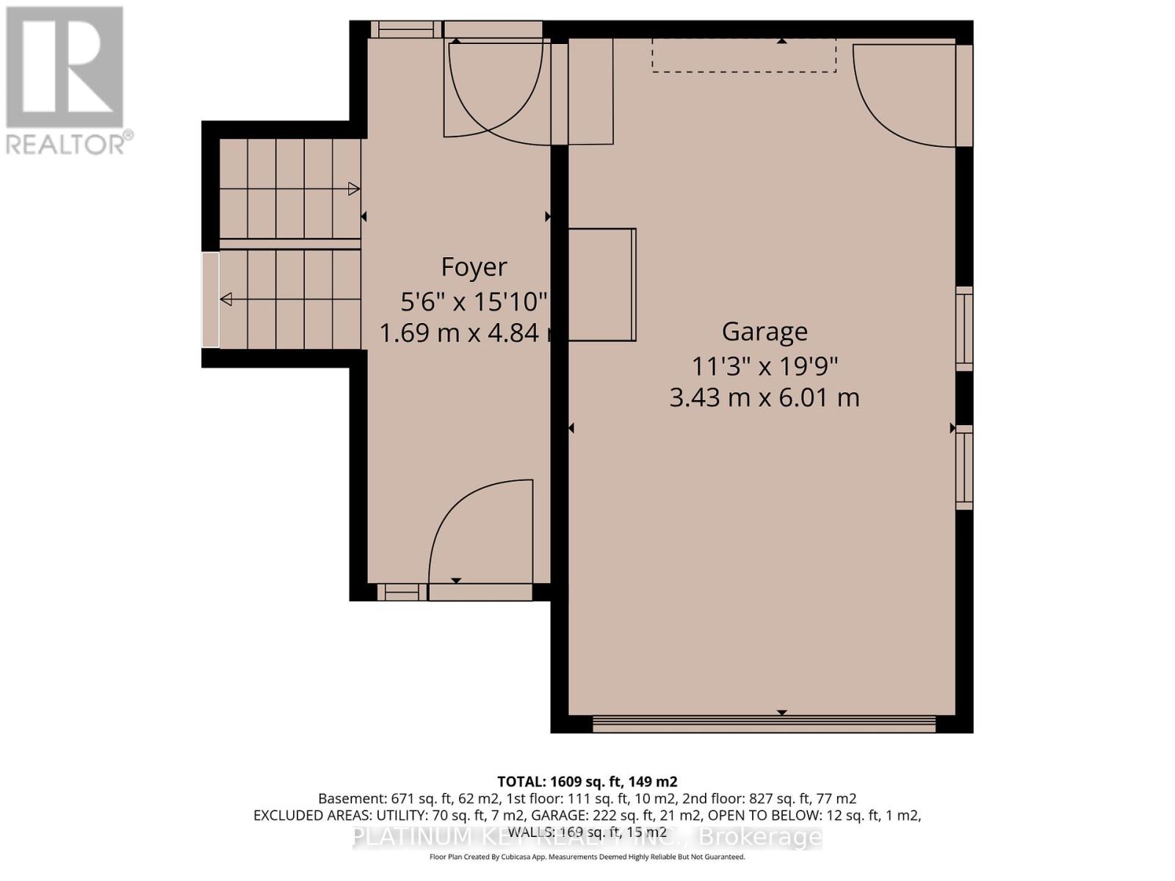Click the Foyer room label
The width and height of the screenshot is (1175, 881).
click(x=474, y=267)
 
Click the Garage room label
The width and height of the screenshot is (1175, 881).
click(x=764, y=331)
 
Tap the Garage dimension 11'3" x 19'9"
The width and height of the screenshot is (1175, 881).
click(x=764, y=365)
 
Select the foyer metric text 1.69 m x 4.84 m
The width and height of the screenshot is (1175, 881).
click(x=470, y=333)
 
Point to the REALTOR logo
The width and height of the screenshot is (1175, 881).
click(x=66, y=81)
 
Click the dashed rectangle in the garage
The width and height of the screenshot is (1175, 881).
click(x=744, y=56)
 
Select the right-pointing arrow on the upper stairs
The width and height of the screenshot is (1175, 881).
click(x=353, y=189)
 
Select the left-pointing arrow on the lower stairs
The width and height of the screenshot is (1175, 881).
click(x=226, y=299)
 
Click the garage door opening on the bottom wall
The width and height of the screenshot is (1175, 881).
click(x=764, y=725)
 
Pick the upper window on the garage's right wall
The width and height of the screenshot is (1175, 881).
click(x=963, y=328)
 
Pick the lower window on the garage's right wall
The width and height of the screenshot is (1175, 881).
click(x=963, y=467)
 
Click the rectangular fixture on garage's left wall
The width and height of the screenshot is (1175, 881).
click(x=602, y=284)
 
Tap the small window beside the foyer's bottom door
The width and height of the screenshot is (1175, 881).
click(x=402, y=592)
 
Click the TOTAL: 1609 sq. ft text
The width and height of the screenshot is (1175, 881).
click(x=587, y=781)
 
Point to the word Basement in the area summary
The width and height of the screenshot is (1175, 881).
click(x=346, y=798)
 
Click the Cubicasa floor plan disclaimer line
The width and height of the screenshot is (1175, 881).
click(x=587, y=857)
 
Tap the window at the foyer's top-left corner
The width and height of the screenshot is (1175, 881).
click(x=405, y=29)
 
